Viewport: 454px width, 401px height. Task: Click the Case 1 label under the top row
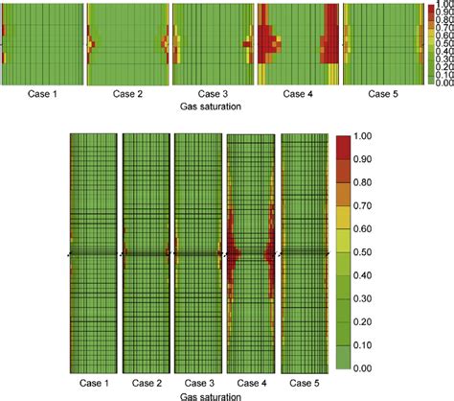click(x=41, y=94)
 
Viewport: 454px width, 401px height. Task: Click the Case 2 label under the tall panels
click(x=147, y=382)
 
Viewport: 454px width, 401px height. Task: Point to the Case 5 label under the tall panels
click(x=306, y=382)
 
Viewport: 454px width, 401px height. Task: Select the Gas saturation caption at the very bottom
click(x=199, y=394)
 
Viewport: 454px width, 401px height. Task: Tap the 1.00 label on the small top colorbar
click(x=443, y=7)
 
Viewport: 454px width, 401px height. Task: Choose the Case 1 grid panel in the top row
click(x=41, y=44)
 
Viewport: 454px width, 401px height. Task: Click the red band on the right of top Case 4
click(x=330, y=44)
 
